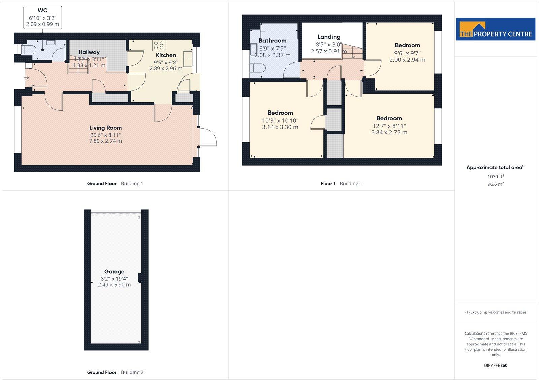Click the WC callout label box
coord(42,17)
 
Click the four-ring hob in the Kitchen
coord(158,45)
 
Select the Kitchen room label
coord(166,55)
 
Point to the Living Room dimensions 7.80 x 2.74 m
coord(105,141)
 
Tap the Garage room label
coord(114,272)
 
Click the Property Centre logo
coord(496,29)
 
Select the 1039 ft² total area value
coord(496,177)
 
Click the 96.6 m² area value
coord(496,184)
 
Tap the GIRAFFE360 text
coord(496,365)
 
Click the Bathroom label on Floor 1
coord(273,41)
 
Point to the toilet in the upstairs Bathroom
coord(258,69)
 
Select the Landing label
coord(329,37)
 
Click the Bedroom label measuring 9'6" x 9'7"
coord(407,45)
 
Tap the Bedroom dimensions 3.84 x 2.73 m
coord(389,133)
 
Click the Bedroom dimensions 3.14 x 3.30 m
coord(280,127)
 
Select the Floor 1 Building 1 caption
coord(341,184)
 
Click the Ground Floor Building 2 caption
coord(115,372)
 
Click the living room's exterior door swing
coord(208,137)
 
